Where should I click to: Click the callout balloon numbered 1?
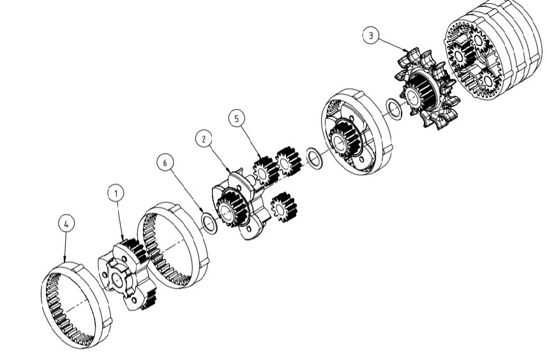click(x=116, y=192)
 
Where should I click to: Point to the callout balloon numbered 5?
click(x=236, y=118)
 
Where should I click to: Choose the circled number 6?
click(x=165, y=163)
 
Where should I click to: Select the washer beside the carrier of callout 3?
click(x=394, y=109)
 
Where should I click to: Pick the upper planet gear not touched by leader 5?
click(x=288, y=161)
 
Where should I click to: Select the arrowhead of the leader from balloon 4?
click(x=65, y=262)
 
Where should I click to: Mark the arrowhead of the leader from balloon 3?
click(x=408, y=52)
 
